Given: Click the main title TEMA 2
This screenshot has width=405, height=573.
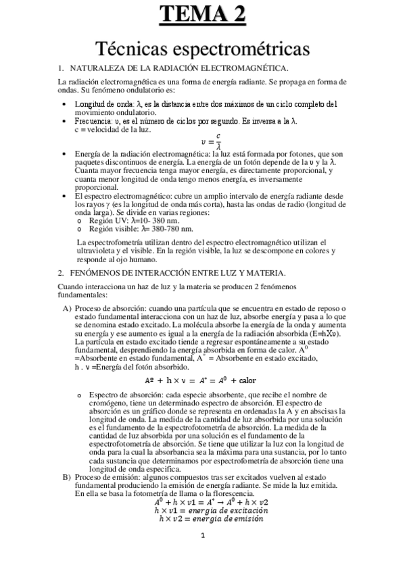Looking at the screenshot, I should coord(202,14).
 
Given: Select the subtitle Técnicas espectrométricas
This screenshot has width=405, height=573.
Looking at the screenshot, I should coord(202,48).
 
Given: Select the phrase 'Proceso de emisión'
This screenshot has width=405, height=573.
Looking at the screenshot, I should coord(108,477).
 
